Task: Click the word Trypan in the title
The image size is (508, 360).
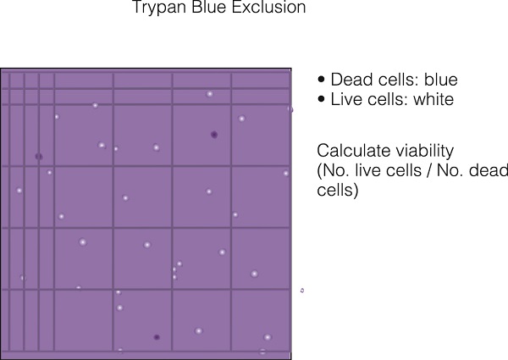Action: coord(160,7)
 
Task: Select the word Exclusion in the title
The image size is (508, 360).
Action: coord(269,7)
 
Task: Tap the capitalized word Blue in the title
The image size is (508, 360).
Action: coord(210,7)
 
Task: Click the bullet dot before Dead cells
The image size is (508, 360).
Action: coord(321,79)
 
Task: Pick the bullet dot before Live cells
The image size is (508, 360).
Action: coord(321,99)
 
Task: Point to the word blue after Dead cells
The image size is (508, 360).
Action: coord(441,80)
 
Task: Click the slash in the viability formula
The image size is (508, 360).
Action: coord(429,170)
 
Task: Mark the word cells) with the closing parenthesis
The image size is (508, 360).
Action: coord(338,190)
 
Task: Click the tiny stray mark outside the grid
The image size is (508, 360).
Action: coord(302,291)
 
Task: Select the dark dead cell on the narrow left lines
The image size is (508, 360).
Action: coord(39,157)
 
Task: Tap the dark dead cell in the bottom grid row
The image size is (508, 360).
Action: coord(157,337)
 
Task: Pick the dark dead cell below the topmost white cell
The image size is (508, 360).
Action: coord(214,135)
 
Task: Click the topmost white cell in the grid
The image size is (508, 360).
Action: coord(210,94)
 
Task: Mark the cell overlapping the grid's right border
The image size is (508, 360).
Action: coord(290,109)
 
